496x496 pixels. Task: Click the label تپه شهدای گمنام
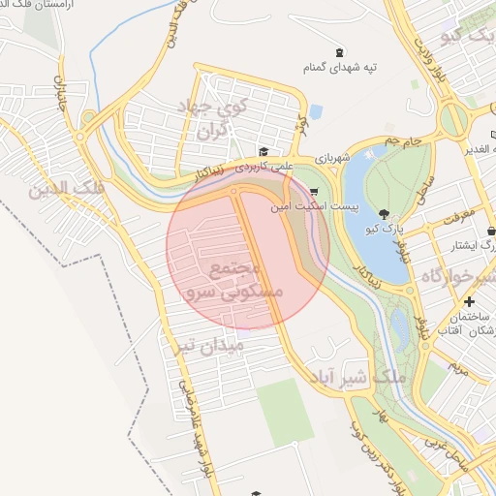click(341, 70)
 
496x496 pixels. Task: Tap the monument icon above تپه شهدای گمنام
click(338, 52)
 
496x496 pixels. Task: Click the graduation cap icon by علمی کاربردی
click(263, 151)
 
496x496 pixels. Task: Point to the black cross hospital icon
click(470, 302)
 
